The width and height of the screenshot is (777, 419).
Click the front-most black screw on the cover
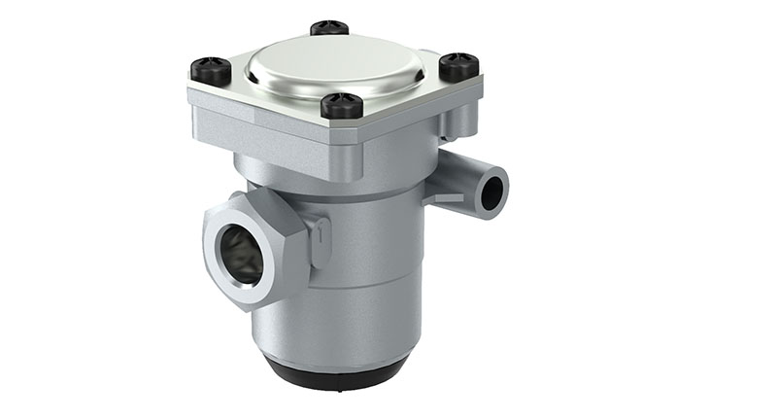tap(342, 104)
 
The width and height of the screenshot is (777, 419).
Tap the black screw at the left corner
tap(211, 70)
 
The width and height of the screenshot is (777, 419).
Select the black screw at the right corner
tap(458, 66)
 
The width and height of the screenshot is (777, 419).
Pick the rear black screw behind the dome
tap(330, 28)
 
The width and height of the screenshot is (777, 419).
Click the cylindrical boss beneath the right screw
tap(459, 117)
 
